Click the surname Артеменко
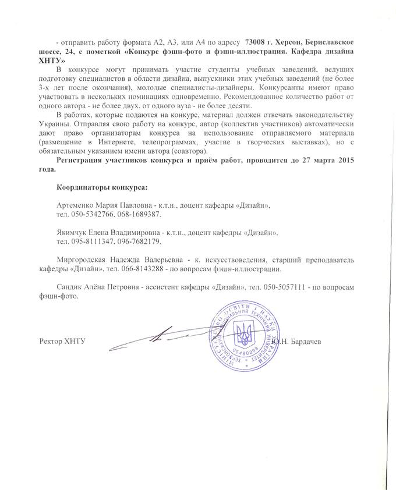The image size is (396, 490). pos(76,206)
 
